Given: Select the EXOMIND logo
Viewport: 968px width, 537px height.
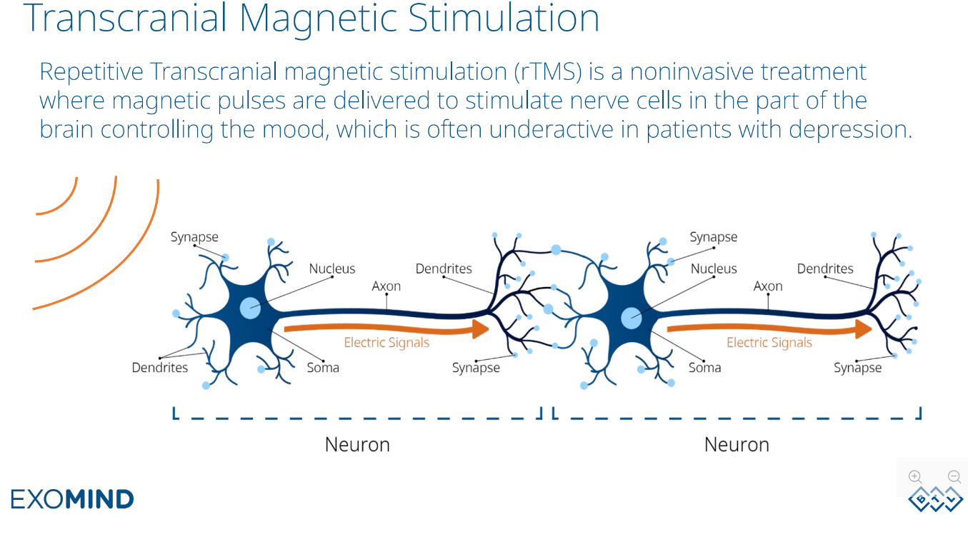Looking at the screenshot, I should (72, 498).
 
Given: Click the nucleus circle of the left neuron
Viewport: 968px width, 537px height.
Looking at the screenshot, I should (250, 308).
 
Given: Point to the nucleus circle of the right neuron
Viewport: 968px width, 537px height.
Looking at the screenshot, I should (632, 318).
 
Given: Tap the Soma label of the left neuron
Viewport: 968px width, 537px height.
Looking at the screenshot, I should (323, 368).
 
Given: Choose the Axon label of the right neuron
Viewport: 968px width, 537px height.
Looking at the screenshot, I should (768, 286).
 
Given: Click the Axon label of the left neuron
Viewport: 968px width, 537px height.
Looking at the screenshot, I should (386, 286).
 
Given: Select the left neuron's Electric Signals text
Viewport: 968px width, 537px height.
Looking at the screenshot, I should (386, 343).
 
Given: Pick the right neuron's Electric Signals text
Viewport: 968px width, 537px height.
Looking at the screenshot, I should (769, 343).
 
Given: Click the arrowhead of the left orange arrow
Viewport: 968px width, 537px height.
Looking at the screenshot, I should (480, 328).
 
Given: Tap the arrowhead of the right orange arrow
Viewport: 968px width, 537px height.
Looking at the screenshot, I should (864, 328).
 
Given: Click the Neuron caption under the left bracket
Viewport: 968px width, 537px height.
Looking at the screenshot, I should (357, 445).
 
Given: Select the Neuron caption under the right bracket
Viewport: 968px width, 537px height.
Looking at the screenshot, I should (737, 445).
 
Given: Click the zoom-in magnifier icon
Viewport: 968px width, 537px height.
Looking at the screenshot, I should (915, 477).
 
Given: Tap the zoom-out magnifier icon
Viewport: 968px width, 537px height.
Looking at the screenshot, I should (954, 477).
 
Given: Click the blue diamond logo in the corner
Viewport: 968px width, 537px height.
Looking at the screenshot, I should (935, 499).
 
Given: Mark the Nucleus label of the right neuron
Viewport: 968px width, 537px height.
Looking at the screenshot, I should (714, 269).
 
